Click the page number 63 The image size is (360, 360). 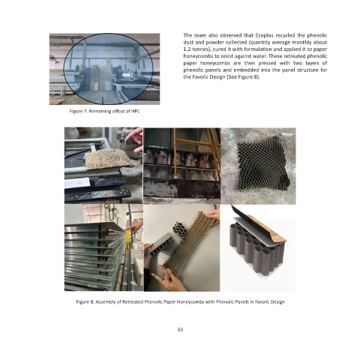[180, 329]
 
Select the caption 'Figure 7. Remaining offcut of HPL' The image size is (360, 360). [104, 111]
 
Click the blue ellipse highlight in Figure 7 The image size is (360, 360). [108, 69]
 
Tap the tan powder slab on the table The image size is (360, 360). [107, 158]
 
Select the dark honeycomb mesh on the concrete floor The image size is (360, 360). [263, 163]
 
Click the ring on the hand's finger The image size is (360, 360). [165, 278]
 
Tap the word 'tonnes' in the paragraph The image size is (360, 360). [199, 49]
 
